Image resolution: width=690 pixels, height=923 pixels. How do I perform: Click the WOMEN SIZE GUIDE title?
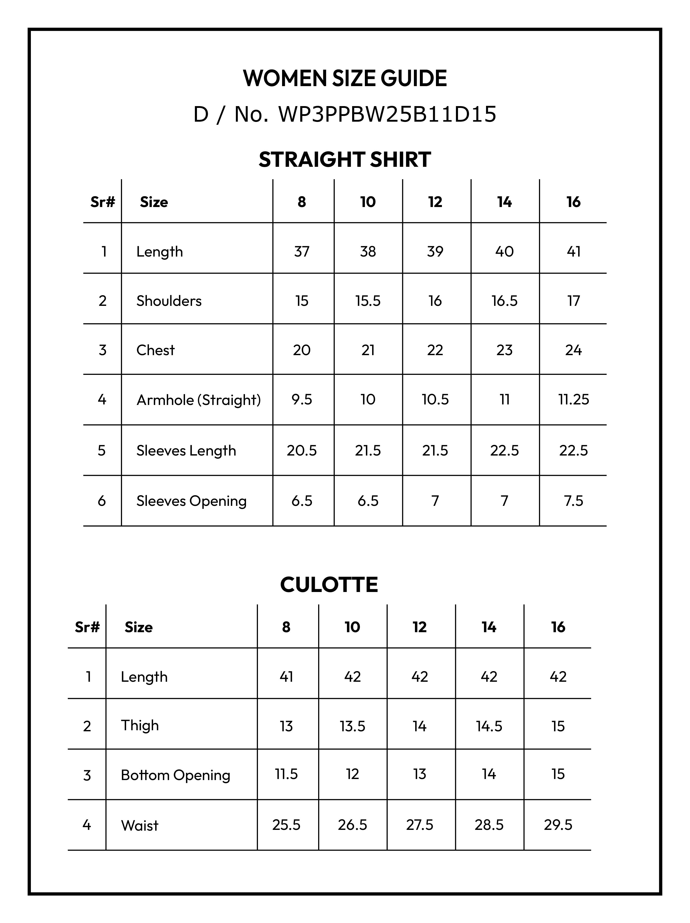pyautogui.click(x=345, y=78)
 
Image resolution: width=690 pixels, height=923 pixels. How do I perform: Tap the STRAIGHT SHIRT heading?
pyautogui.click(x=345, y=159)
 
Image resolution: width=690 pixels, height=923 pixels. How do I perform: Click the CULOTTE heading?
pyautogui.click(x=329, y=585)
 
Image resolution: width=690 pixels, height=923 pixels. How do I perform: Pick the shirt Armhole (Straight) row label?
pyautogui.click(x=199, y=400)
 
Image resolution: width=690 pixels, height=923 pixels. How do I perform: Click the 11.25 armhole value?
pyautogui.click(x=573, y=399)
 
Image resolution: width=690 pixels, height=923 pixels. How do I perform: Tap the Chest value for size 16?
pyautogui.click(x=573, y=350)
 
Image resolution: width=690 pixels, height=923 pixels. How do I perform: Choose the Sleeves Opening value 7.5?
pyautogui.click(x=573, y=500)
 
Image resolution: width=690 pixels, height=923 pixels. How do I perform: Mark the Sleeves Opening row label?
pyautogui.click(x=191, y=501)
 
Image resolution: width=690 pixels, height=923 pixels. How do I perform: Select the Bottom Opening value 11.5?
pyautogui.click(x=286, y=774)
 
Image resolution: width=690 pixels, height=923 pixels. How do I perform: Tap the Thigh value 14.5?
pyautogui.click(x=489, y=726)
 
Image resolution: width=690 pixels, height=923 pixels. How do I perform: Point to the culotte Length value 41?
pyautogui.click(x=286, y=676)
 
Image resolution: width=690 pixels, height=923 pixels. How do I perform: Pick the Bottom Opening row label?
pyautogui.click(x=175, y=775)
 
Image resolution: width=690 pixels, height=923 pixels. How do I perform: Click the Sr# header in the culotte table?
pyautogui.click(x=87, y=627)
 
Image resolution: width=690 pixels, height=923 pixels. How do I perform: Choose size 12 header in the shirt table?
pyautogui.click(x=435, y=202)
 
